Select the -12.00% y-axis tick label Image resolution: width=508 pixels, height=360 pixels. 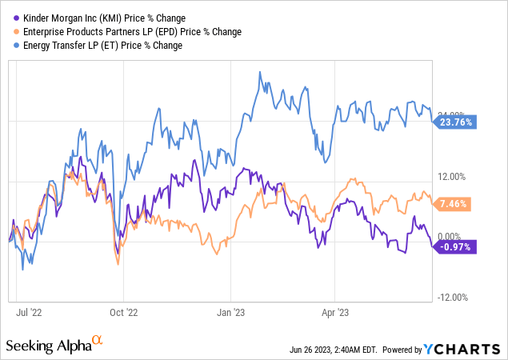point(453,298)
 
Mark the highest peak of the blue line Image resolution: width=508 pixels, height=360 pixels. point(261,72)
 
